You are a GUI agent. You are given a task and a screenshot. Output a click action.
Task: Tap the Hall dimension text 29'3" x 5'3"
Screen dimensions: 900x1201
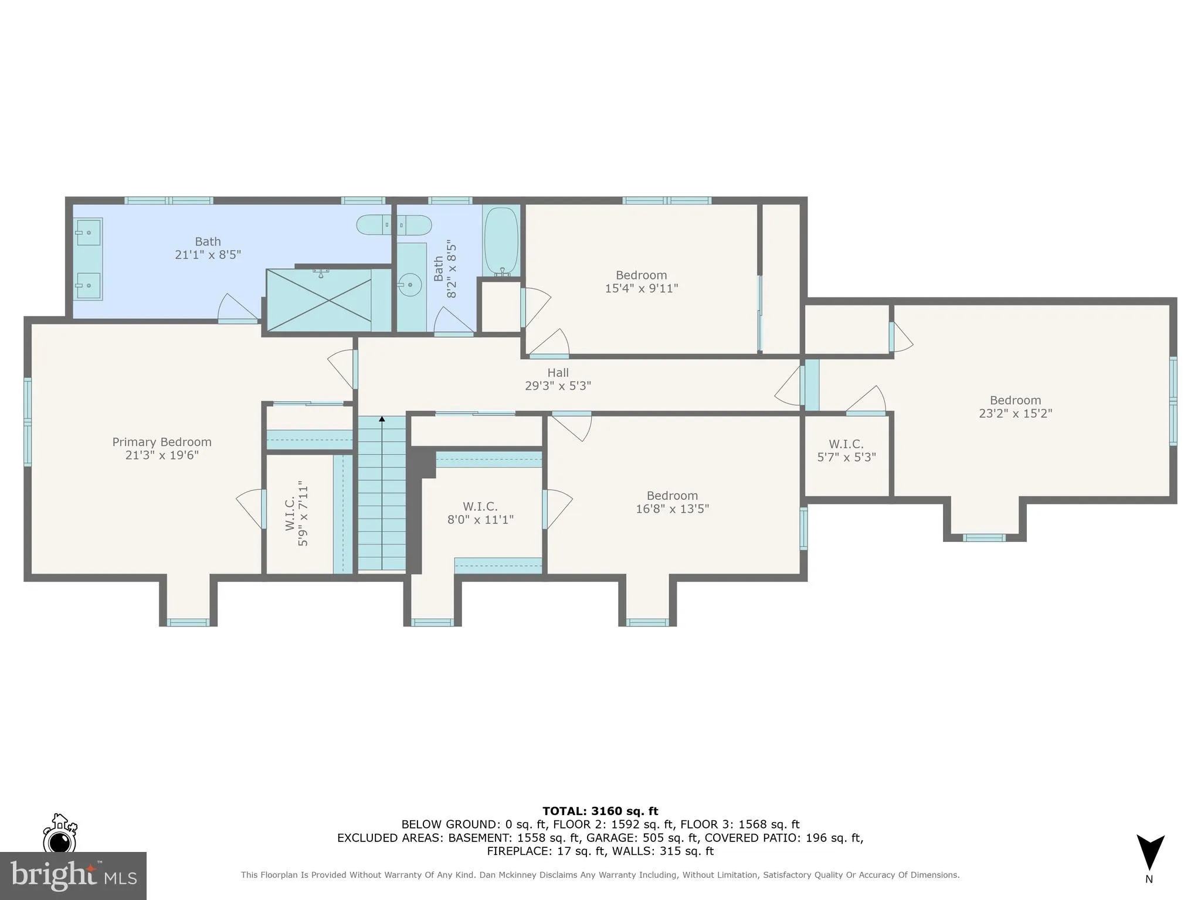[x=558, y=386]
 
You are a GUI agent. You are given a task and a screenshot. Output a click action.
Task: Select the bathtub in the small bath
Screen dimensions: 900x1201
[x=501, y=241]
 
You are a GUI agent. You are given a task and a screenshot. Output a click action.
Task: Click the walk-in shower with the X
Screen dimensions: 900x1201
[x=319, y=300]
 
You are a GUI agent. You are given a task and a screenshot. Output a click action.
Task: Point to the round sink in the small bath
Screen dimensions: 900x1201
[x=410, y=286]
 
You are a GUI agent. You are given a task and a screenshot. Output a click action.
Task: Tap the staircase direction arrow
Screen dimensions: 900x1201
[x=382, y=419]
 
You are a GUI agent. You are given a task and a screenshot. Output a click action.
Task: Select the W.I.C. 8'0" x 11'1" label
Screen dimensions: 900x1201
[x=480, y=513]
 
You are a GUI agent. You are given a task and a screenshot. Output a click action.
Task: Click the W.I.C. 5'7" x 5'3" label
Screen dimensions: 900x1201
[x=846, y=451]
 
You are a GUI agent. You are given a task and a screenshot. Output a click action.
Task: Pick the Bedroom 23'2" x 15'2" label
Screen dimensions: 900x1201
[x=1015, y=407]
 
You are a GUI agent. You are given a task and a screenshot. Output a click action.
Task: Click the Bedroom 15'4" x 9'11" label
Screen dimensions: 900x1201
[x=641, y=282]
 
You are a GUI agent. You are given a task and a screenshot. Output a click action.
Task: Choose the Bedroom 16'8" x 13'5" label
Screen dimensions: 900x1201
[x=672, y=502]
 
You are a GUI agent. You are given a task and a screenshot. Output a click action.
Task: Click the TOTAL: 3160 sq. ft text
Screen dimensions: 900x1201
[x=600, y=811]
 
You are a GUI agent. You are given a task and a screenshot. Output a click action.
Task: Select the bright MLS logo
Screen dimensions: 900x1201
[x=73, y=875]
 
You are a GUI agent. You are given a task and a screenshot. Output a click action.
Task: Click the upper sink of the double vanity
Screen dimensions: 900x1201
[x=88, y=232]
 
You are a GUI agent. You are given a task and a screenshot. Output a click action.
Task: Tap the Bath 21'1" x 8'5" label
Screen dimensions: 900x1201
[x=208, y=248]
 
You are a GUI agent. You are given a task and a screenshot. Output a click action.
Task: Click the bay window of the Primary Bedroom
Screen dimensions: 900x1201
[x=188, y=622]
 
